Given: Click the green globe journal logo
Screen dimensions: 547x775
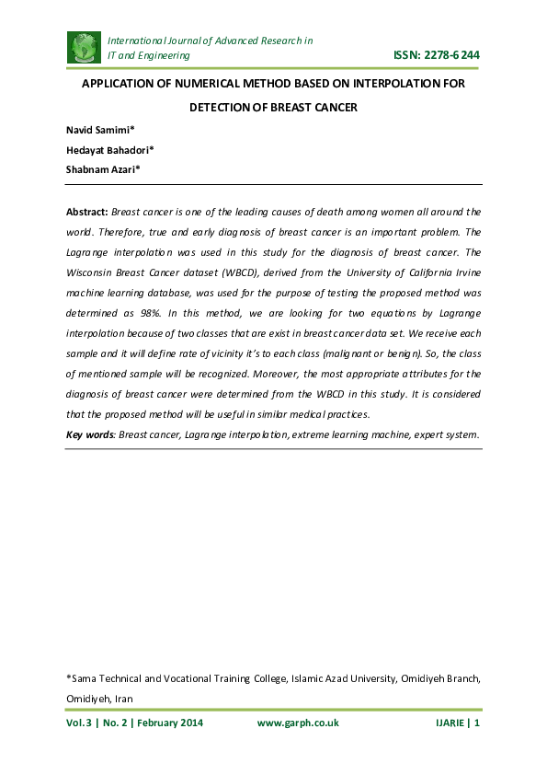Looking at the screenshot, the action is click(85, 47).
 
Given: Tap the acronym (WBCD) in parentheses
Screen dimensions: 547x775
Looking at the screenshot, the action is click(234, 272).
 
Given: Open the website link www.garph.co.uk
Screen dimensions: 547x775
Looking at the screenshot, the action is click(298, 723).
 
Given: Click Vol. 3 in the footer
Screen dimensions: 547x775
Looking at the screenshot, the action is click(78, 723).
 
